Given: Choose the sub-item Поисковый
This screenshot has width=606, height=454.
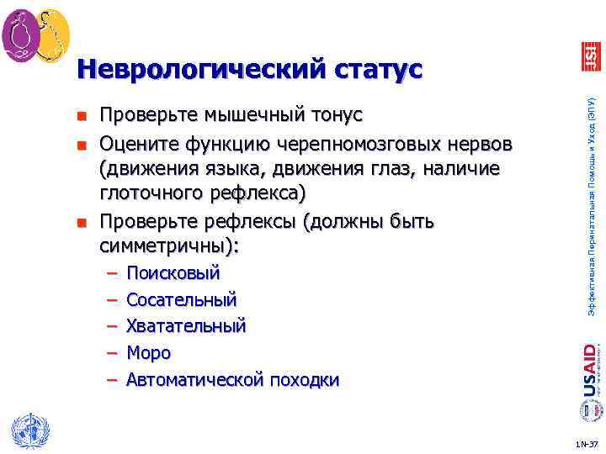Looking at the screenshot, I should (173, 273).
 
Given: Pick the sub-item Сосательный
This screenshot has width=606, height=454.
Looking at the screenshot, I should (181, 299).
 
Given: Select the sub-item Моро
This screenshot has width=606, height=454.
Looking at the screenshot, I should (148, 353).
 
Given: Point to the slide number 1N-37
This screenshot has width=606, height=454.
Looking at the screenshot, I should (587, 444).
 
